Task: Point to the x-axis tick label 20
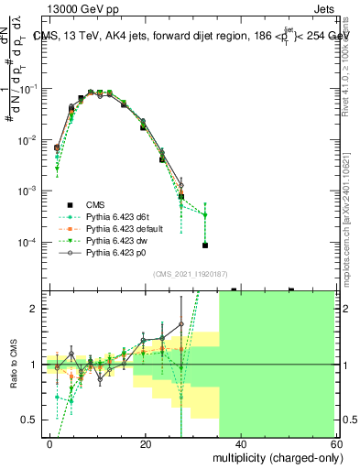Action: point(146,443)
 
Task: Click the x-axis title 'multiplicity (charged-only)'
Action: point(271,456)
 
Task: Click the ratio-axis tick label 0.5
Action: point(29,420)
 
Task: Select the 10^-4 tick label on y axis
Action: point(28,243)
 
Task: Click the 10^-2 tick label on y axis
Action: point(28,140)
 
